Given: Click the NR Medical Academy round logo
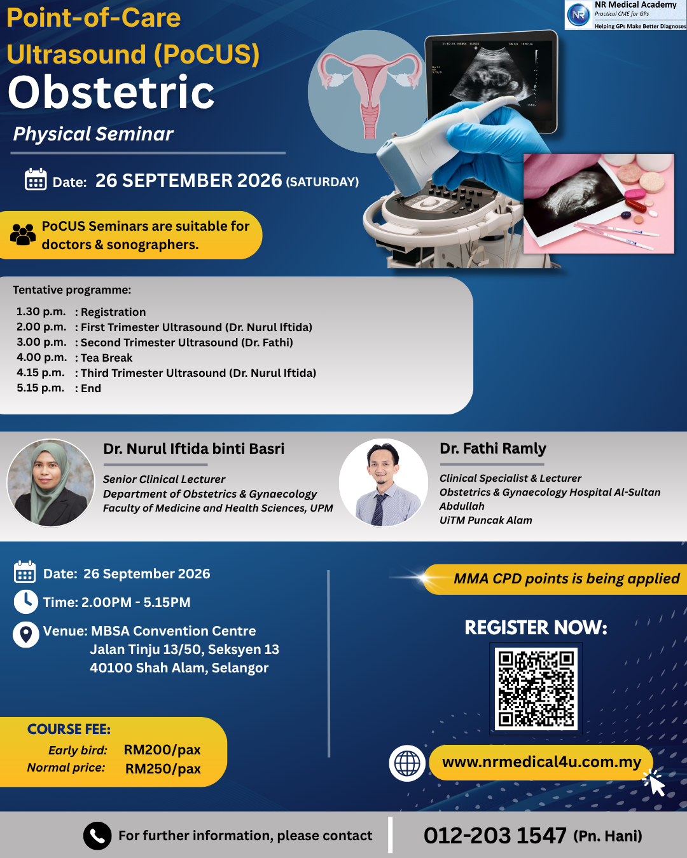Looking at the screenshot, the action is pos(579,15).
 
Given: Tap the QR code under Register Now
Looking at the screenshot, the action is pos(536,688).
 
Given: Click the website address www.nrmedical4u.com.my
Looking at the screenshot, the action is pos(541,762).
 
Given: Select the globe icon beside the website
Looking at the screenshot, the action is pos(406,763).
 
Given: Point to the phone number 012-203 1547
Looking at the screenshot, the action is pos(495,835).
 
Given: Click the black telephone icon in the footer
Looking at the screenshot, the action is pos(97,835).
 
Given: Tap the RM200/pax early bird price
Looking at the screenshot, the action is pos(162,749).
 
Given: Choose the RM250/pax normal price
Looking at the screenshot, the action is pos(163,768).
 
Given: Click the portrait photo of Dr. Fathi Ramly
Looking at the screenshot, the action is pos(383,483).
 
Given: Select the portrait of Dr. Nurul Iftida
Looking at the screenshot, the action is pos(51,483).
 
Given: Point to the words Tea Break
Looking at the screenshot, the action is pos(107,358).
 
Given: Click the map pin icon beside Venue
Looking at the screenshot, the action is pos(26,634).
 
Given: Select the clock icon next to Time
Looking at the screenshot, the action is pos(26,602).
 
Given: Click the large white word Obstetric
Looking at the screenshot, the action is pos(111,92).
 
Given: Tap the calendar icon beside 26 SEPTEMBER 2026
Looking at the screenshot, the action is pos(36,179).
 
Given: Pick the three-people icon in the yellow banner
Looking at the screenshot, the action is pos(23,235).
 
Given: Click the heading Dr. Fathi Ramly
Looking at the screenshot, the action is pos(493,449).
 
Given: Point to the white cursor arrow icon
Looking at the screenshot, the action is pos(655,784).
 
